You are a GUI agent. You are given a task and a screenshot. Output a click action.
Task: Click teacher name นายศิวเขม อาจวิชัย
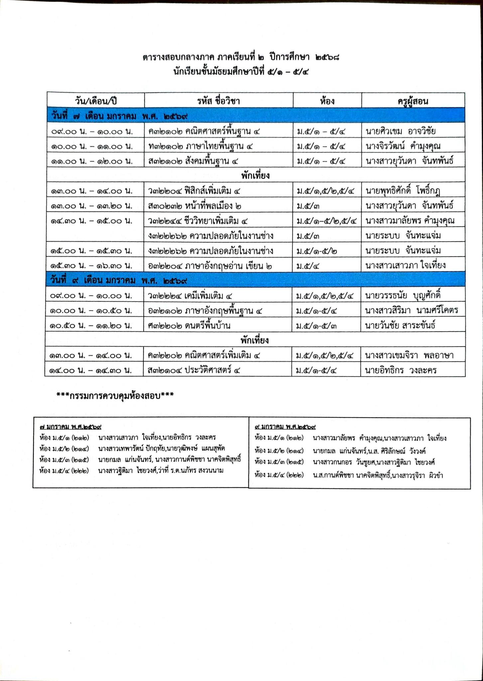point(401,131)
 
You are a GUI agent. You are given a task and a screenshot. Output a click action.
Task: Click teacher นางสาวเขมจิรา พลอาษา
point(409,355)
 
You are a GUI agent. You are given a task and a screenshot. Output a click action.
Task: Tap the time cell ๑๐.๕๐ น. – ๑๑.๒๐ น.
point(91,326)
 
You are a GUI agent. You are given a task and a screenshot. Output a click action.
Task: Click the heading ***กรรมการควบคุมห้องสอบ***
point(115,395)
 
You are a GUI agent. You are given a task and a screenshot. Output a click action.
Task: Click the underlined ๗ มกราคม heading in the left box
point(70,427)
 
